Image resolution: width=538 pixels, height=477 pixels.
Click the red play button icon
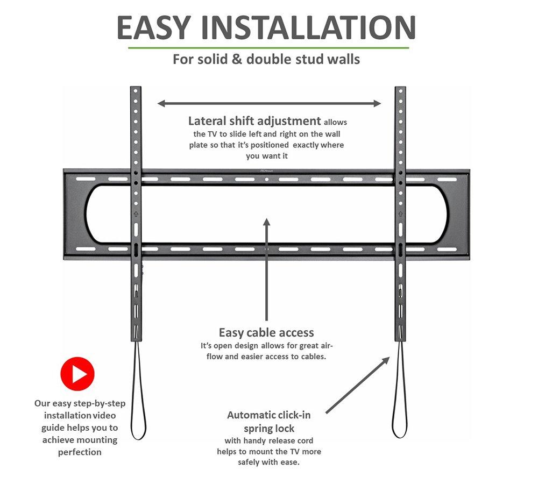coord(77,374)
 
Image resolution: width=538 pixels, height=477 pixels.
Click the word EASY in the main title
coord(153,27)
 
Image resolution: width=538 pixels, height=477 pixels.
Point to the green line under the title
coord(268,48)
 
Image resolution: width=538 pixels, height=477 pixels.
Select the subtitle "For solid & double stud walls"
coord(266,59)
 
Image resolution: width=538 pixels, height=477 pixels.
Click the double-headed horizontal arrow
coord(269,103)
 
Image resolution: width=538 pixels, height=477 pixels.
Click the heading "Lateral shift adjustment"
coord(254,121)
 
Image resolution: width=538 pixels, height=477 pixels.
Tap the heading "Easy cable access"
coord(266,333)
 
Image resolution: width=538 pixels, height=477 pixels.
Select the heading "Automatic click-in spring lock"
coord(269,422)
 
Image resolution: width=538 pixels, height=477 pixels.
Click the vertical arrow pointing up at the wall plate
coord(267,269)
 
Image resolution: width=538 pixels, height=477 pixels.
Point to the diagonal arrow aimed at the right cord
coord(358,385)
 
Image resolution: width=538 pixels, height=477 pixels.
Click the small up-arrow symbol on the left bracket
coord(136,214)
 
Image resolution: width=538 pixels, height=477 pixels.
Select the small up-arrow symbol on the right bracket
coord(400,214)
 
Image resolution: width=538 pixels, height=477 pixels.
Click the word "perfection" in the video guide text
coord(80,452)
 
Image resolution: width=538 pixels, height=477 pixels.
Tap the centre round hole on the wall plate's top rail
coord(267,179)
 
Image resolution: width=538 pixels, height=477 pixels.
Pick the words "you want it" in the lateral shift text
coord(267,156)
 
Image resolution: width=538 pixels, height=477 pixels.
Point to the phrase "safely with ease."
coord(268,462)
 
